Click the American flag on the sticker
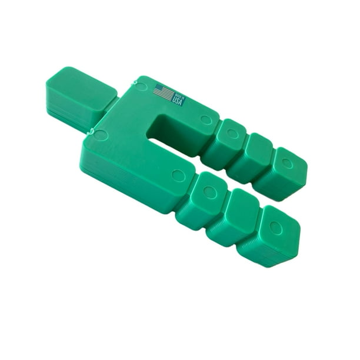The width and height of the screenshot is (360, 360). (x=164, y=92)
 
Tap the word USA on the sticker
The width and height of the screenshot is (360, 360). (x=178, y=101)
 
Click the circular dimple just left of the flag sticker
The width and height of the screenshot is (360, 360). (x=141, y=86)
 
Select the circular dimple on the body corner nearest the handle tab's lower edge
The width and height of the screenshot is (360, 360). (x=101, y=135)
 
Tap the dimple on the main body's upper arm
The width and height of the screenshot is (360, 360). (x=205, y=119)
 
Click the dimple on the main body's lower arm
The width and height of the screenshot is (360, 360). (x=178, y=175)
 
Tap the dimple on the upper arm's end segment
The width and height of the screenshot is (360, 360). (x=286, y=163)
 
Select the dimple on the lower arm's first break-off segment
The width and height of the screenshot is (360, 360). (x=210, y=192)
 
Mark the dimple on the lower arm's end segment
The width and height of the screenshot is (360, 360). (x=275, y=227)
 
